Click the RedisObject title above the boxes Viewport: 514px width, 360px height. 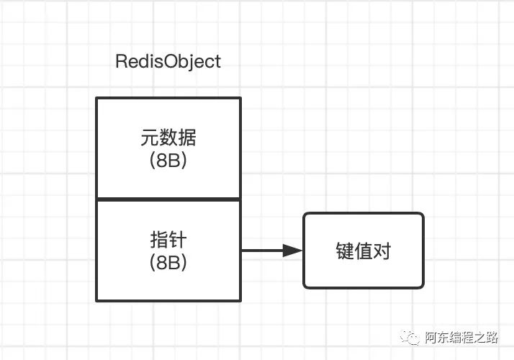coord(168,62)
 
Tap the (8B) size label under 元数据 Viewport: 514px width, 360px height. coord(168,161)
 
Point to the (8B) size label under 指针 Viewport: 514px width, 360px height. coord(168,263)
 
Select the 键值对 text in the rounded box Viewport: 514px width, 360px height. coord(364,251)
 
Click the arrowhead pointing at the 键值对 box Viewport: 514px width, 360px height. coord(292,251)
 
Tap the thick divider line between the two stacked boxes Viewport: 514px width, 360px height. coord(168,199)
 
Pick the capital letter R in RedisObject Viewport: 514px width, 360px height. coord(122,62)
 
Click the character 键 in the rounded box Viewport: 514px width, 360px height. coord(345,251)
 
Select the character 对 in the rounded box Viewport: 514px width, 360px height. coord(382,251)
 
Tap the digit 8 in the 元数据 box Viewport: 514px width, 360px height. coord(163,161)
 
